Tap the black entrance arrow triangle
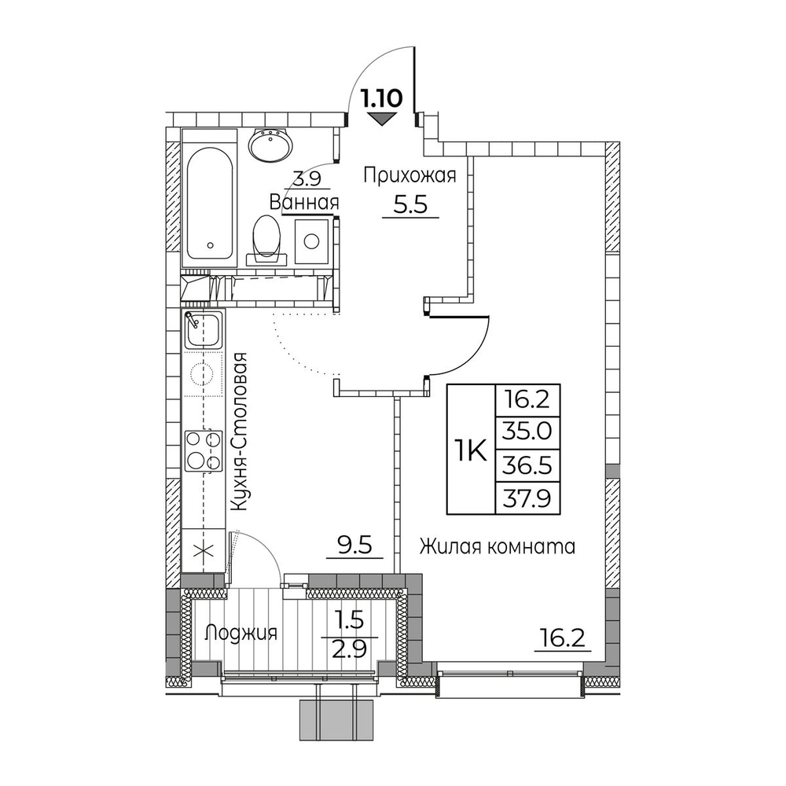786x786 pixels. tap(383, 119)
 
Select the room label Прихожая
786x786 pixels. tap(409, 176)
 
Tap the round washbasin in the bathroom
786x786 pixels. tap(272, 145)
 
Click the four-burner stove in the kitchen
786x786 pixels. tap(204, 450)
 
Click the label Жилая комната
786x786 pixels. tap(497, 545)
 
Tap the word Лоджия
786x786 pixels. tap(241, 633)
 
